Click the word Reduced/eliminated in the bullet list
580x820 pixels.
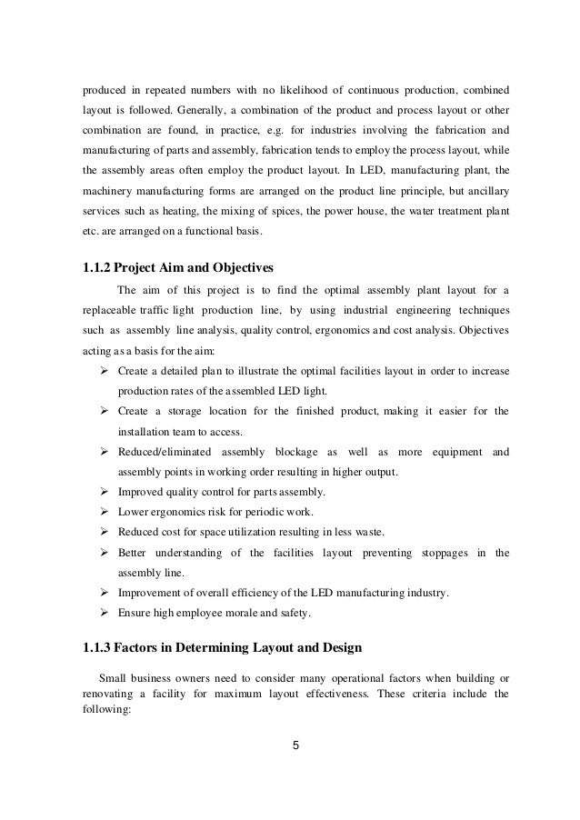coord(165,452)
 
